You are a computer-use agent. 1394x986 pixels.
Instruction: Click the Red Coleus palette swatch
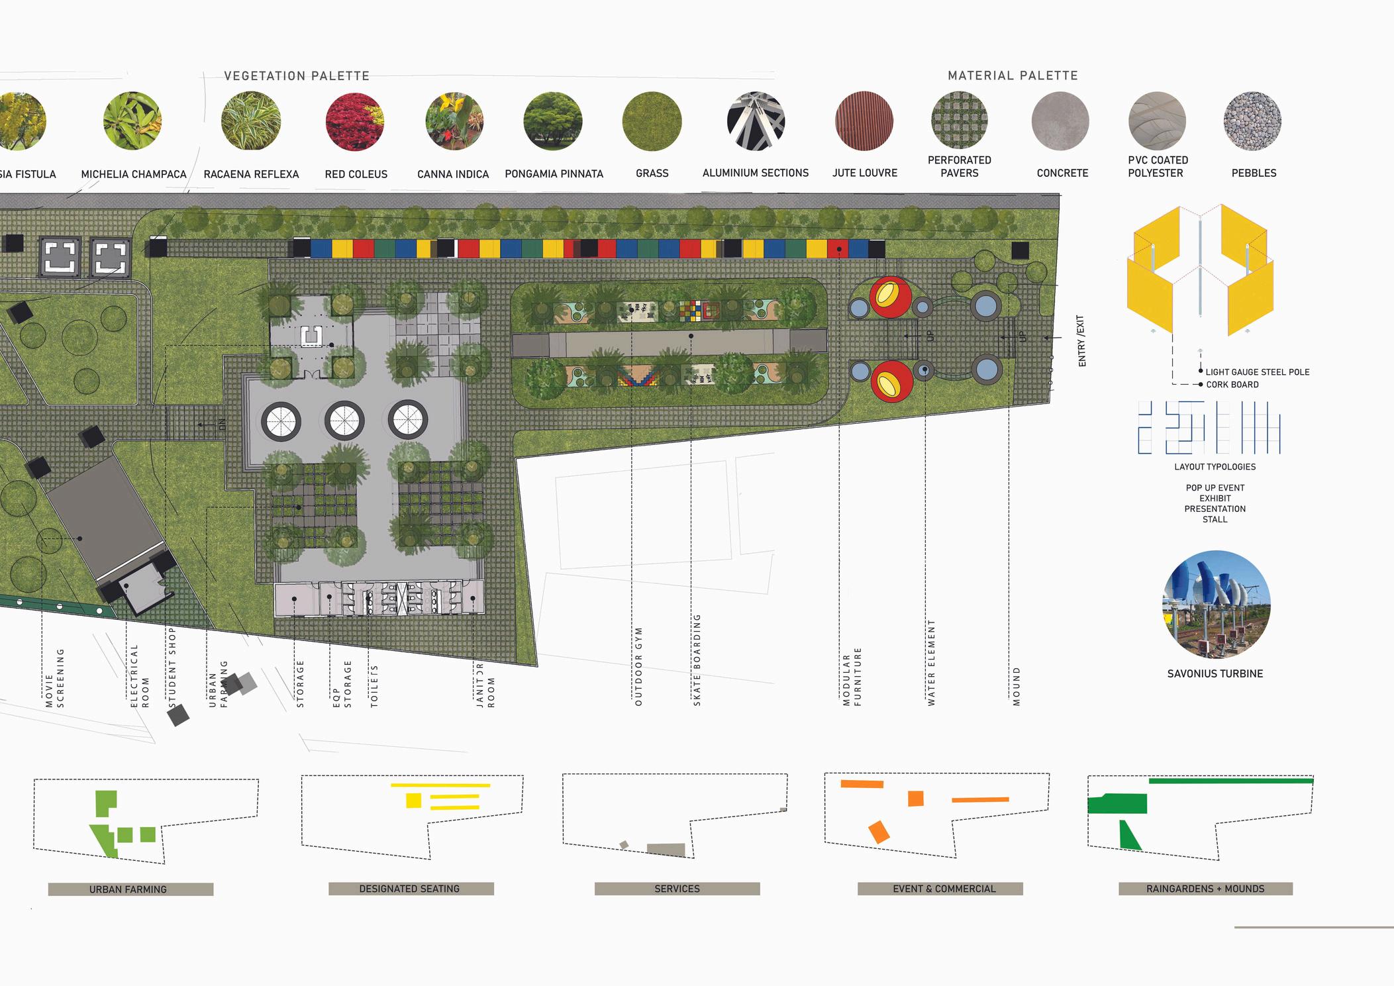(355, 122)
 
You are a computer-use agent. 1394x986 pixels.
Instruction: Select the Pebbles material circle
(1252, 121)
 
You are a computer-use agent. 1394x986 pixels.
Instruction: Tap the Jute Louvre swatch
(864, 121)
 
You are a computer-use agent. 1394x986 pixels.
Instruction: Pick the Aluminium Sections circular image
(756, 121)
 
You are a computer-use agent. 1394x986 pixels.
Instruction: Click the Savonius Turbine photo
(1216, 604)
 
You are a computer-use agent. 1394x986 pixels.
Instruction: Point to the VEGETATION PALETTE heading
(297, 76)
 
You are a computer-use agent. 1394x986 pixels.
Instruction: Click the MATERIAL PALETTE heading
(1013, 76)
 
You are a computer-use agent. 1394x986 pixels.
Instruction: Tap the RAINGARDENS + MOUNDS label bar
(1205, 889)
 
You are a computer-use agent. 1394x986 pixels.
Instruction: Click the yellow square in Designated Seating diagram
(413, 800)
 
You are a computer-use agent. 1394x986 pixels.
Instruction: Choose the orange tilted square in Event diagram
(879, 832)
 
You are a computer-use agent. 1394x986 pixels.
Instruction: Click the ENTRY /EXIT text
(1081, 341)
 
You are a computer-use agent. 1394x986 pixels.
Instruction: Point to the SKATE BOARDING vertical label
(697, 660)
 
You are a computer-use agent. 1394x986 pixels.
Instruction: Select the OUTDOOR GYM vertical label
(638, 666)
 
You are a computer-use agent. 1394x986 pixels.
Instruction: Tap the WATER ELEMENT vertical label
(931, 663)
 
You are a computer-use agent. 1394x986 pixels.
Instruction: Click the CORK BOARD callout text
(1232, 385)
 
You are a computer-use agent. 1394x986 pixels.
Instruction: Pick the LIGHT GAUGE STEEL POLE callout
(1257, 372)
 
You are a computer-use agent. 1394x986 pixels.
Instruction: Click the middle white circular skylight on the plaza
(344, 420)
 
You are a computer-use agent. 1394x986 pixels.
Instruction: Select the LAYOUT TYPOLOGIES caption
(1215, 467)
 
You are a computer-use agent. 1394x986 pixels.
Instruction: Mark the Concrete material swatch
(1060, 121)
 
